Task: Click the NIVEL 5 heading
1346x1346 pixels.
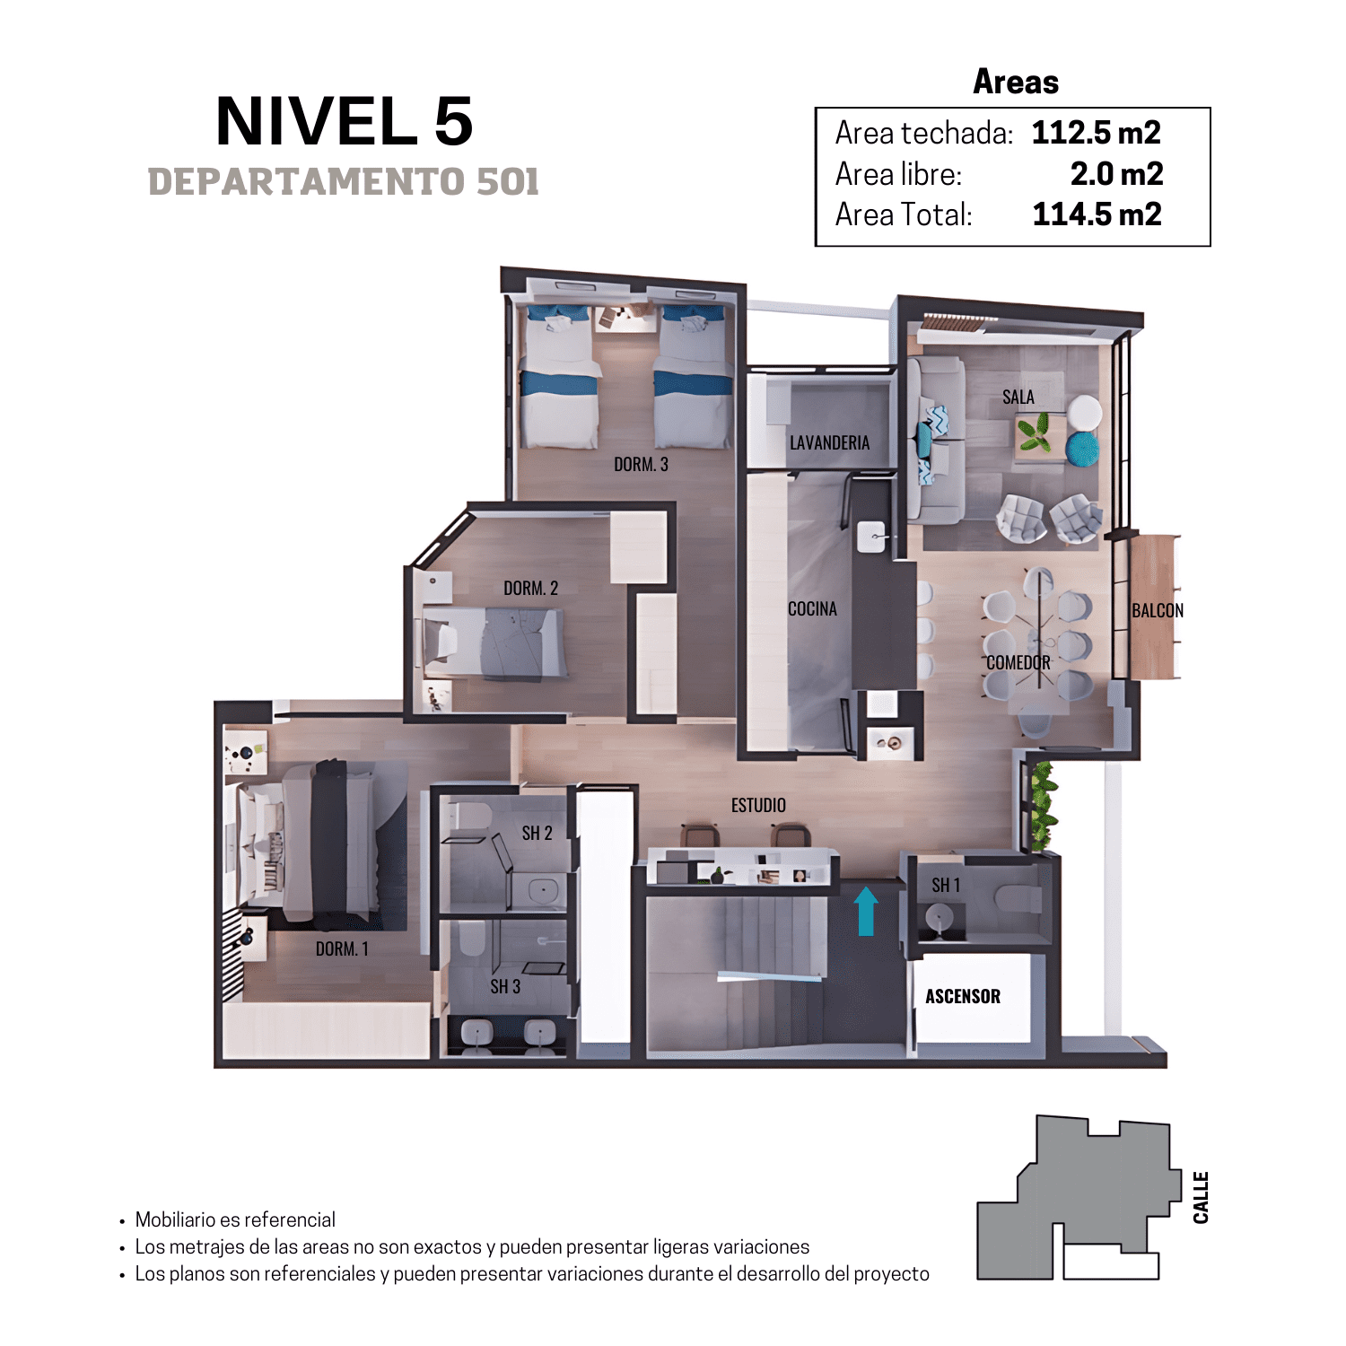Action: point(345,121)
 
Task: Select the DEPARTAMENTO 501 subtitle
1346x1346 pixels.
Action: point(344,182)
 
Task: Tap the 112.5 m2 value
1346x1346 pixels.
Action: point(1096,133)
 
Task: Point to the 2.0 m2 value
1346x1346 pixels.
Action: point(1116,173)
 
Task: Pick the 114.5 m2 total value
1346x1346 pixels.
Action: point(1097,214)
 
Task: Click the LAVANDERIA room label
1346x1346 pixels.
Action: point(829,442)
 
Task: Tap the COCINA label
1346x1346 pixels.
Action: point(812,608)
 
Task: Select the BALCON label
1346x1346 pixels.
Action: point(1158,610)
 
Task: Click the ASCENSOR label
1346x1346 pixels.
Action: point(963,996)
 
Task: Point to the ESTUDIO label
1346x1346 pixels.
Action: point(758,805)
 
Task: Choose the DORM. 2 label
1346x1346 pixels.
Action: point(530,588)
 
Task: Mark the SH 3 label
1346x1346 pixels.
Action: point(505,986)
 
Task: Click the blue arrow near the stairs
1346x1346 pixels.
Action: point(866,911)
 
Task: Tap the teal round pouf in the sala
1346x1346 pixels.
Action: point(1083,448)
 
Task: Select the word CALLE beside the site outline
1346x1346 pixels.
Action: point(1201,1197)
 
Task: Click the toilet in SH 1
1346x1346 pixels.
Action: point(1018,898)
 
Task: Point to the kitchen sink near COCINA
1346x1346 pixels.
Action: point(872,537)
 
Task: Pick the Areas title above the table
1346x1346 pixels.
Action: point(1016,82)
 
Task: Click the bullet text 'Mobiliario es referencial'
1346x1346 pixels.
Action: point(235,1219)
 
